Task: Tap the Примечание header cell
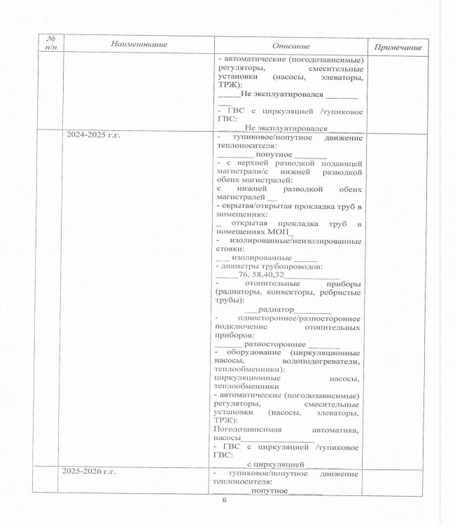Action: click(x=398, y=46)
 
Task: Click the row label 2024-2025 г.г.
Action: click(x=94, y=134)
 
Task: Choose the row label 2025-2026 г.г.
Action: click(x=94, y=473)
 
